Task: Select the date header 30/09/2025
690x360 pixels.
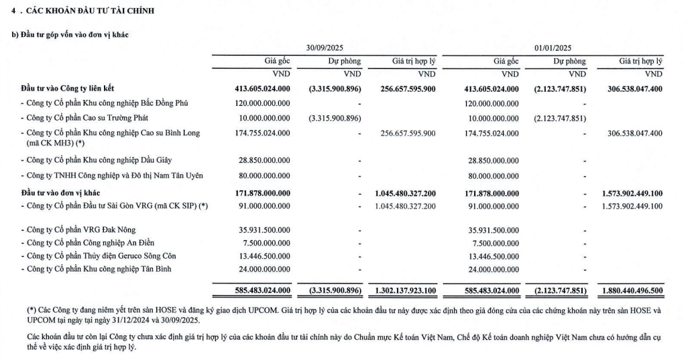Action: pyautogui.click(x=325, y=48)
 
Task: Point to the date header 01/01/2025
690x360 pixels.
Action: pyautogui.click(x=553, y=48)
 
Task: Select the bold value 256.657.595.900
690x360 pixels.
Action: pyautogui.click(x=406, y=88)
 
